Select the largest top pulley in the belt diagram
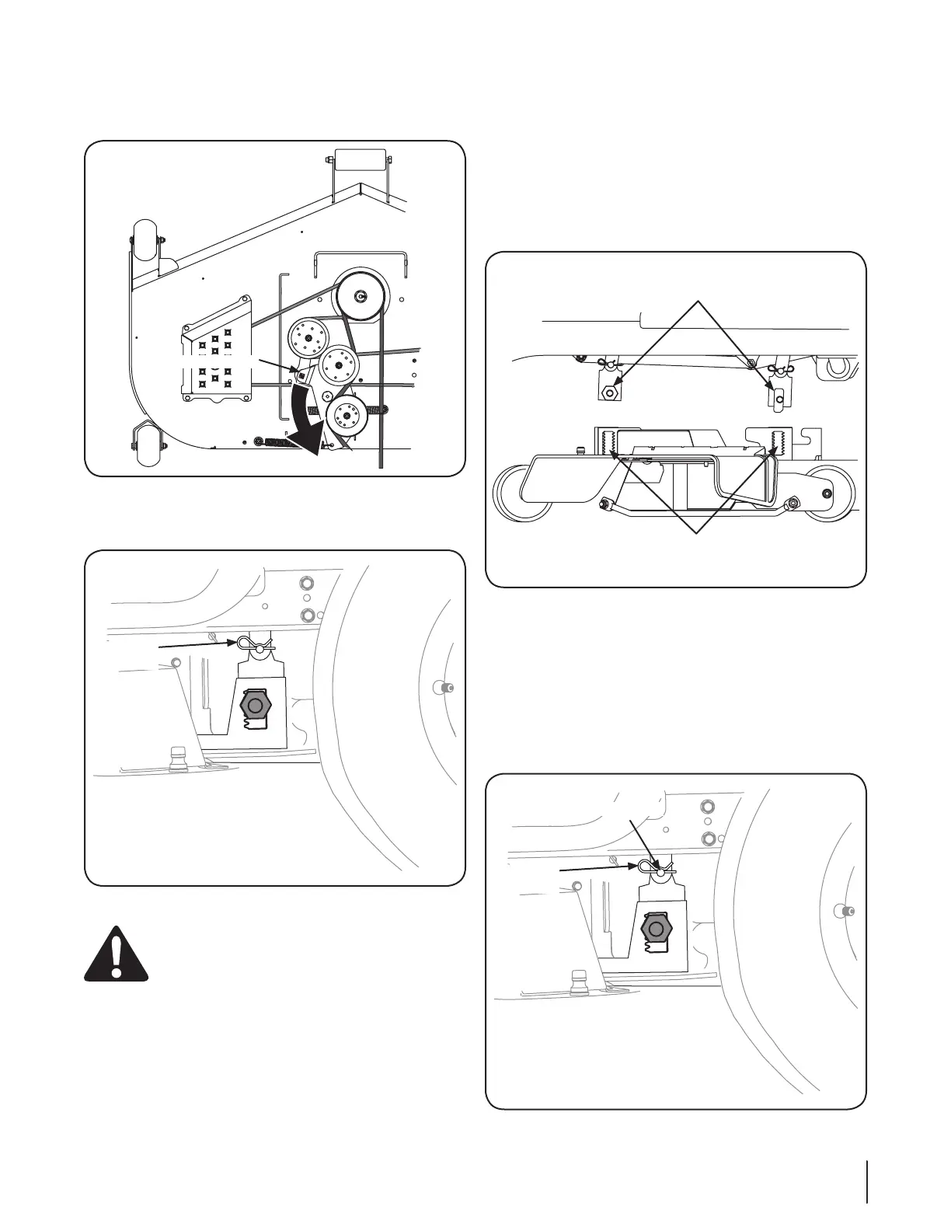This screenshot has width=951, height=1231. coord(360,295)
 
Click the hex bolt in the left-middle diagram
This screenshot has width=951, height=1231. coord(255,706)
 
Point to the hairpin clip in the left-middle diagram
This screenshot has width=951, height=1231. coord(252,643)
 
